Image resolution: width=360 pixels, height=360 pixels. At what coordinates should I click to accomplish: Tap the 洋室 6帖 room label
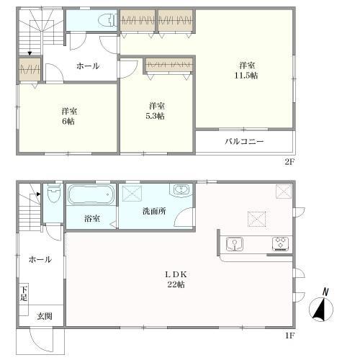(x=69, y=116)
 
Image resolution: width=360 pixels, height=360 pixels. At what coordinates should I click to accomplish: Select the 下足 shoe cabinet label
(x=24, y=293)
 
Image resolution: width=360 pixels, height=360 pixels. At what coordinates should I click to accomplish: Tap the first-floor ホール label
(x=40, y=259)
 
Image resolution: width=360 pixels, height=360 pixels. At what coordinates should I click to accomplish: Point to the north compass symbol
(x=321, y=307)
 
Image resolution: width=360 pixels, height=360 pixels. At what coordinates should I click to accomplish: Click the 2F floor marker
(x=289, y=162)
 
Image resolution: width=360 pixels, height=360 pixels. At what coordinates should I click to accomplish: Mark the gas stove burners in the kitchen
(x=279, y=243)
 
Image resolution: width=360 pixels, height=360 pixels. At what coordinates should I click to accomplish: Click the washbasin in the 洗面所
(x=179, y=191)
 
